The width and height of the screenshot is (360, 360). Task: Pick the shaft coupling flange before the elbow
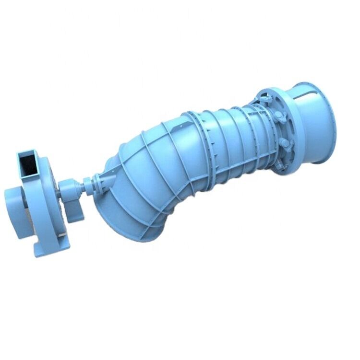coord(87,184)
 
